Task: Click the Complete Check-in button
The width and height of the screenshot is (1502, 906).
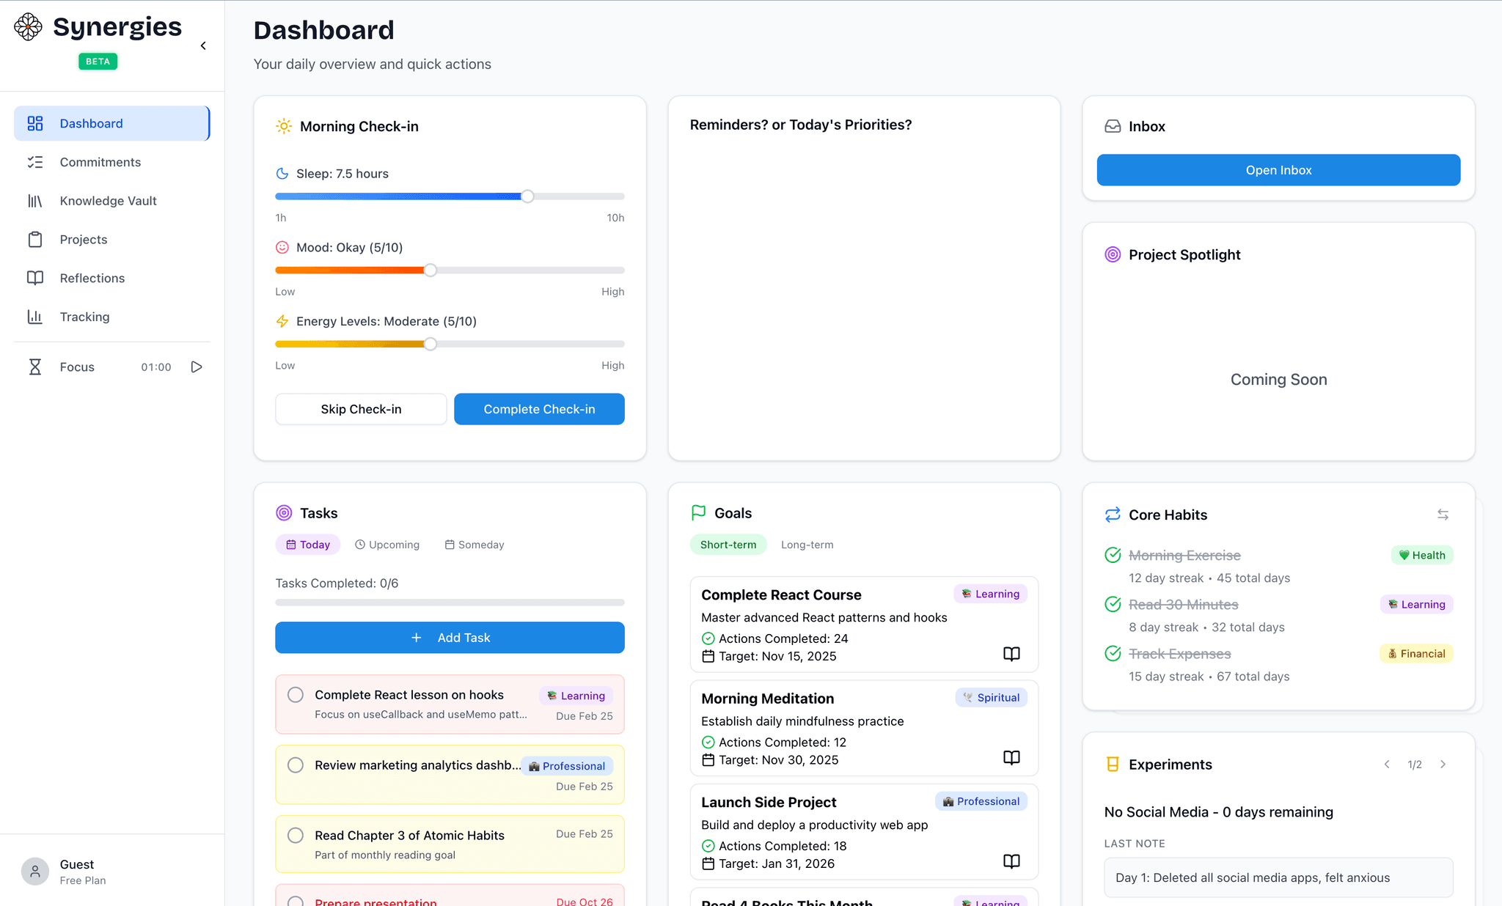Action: click(x=539, y=409)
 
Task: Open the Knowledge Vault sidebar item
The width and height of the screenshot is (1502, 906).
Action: click(x=108, y=201)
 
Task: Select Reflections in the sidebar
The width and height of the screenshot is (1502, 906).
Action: click(x=92, y=279)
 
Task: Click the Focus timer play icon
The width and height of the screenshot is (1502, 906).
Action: click(x=197, y=367)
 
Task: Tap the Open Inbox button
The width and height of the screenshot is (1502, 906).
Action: click(x=1278, y=170)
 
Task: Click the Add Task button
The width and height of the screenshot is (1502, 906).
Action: click(x=450, y=638)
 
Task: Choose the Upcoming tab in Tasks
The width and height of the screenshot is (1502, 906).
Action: click(x=387, y=545)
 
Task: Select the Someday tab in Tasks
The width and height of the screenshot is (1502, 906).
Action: click(x=475, y=545)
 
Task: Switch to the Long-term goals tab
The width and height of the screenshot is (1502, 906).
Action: click(x=807, y=545)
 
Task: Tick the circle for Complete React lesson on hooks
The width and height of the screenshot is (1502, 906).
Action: click(x=296, y=695)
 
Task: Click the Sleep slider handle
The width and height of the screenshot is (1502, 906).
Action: click(x=527, y=196)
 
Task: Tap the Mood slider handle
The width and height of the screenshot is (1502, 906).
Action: click(x=431, y=270)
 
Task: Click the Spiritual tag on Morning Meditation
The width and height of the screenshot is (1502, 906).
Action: click(x=991, y=698)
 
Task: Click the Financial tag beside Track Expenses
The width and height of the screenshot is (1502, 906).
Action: click(x=1415, y=654)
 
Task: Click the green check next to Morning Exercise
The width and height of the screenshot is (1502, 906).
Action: click(x=1113, y=556)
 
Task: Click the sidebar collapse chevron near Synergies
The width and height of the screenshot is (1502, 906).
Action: click(x=203, y=46)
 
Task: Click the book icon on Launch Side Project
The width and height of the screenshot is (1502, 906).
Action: click(x=1011, y=861)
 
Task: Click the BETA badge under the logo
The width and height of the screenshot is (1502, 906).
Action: click(x=98, y=62)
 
